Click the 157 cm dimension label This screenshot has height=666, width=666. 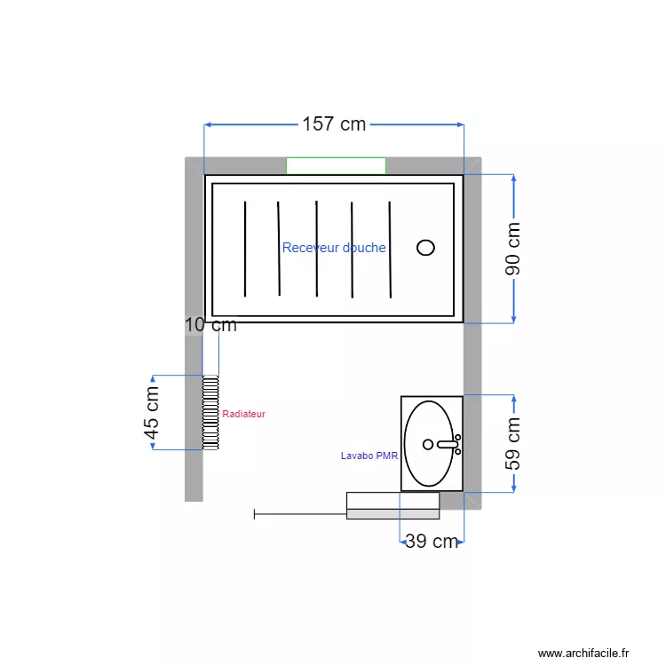(334, 124)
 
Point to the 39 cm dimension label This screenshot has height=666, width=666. (432, 542)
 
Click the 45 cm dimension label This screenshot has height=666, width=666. (152, 413)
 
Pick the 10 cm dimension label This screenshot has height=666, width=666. (210, 325)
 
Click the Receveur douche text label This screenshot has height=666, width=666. (334, 248)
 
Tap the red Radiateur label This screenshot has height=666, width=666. (243, 414)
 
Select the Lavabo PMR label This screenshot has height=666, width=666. (369, 456)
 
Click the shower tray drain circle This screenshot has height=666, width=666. (426, 248)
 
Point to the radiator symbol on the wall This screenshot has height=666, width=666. (210, 412)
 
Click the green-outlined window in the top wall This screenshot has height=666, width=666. (336, 165)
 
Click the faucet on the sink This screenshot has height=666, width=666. (448, 444)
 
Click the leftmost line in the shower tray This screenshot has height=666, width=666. (245, 249)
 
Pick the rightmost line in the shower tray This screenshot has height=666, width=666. (390, 250)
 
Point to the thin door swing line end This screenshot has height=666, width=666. (255, 513)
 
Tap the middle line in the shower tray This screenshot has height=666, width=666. (316, 249)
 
